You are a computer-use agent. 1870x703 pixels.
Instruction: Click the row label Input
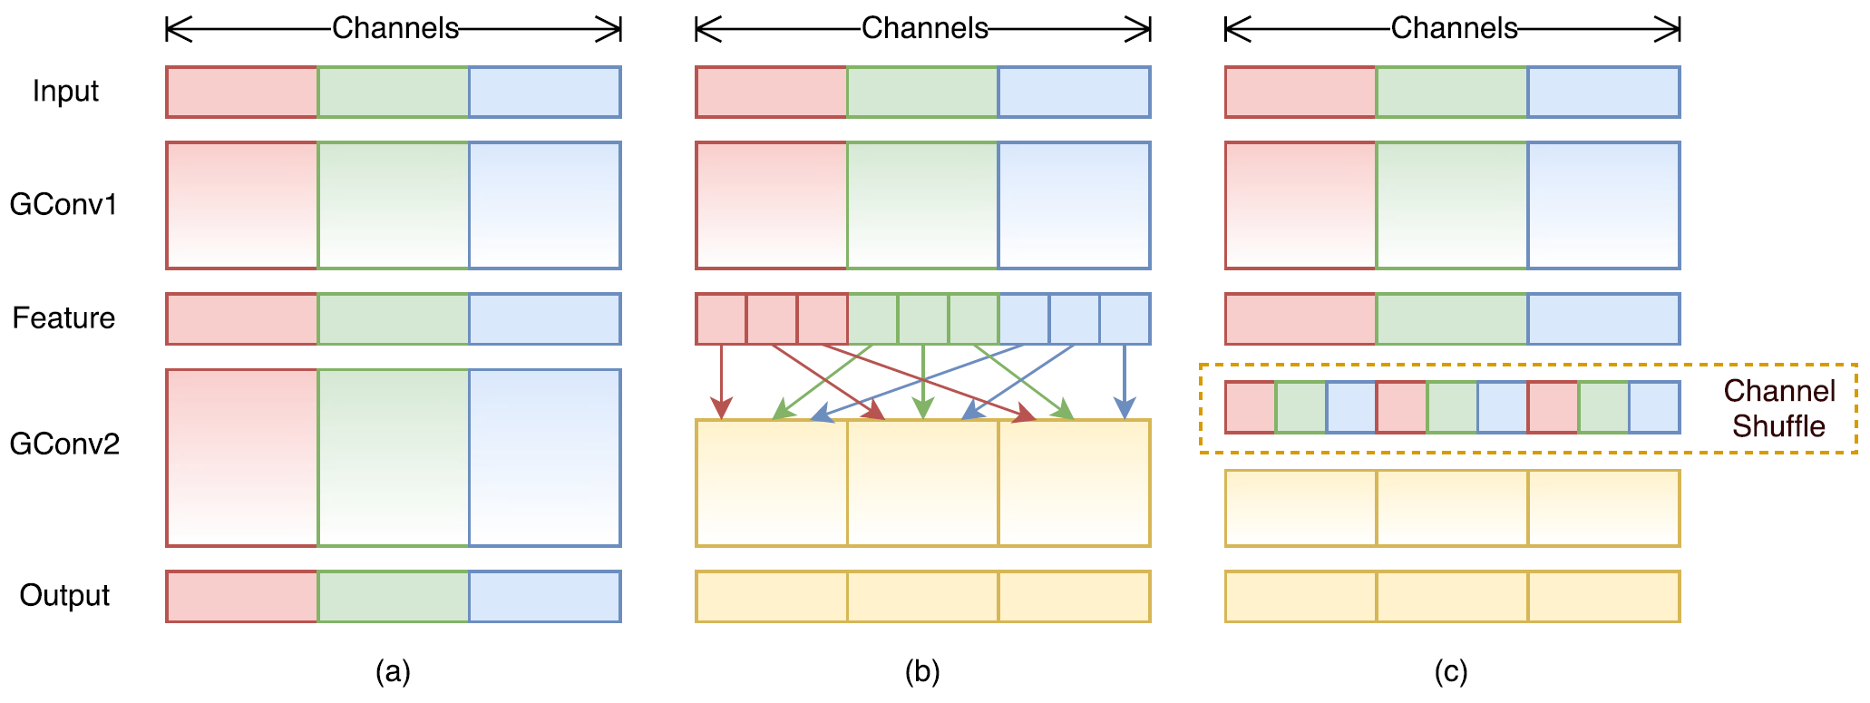[x=65, y=92]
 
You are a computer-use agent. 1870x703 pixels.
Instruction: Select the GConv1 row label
[x=63, y=205]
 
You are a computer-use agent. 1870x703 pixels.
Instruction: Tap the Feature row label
[x=63, y=318]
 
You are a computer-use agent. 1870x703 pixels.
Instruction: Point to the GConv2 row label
[x=64, y=444]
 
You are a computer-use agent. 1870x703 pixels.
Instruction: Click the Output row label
[x=64, y=596]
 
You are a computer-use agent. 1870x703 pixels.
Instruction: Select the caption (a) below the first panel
[x=393, y=672]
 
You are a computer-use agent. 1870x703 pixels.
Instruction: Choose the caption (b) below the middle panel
[x=922, y=672]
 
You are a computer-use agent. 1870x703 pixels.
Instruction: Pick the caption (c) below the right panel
[x=1451, y=672]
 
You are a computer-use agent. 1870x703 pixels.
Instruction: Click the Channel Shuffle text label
[x=1778, y=408]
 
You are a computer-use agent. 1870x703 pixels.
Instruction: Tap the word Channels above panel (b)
[x=924, y=29]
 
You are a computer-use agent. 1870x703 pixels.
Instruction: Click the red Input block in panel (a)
[x=242, y=92]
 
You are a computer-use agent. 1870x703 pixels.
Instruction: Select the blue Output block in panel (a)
[x=545, y=596]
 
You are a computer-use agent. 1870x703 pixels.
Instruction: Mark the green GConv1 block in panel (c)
[x=1452, y=205]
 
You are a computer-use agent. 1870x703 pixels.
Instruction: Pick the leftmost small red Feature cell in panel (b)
[x=721, y=318]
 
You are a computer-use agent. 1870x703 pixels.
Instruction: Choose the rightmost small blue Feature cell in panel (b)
[x=1125, y=318]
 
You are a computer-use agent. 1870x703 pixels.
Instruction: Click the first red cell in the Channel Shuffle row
[x=1250, y=407]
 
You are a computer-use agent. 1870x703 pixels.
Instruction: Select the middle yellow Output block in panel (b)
[x=923, y=596]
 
